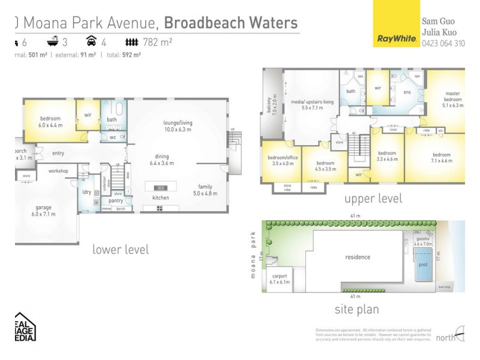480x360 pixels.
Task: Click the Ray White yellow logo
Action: pyautogui.click(x=397, y=24)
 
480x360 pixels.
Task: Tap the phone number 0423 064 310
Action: pyautogui.click(x=443, y=43)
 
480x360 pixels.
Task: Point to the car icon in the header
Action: pyautogui.click(x=91, y=41)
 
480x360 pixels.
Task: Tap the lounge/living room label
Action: pyautogui.click(x=177, y=126)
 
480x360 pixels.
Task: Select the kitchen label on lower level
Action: pyautogui.click(x=160, y=197)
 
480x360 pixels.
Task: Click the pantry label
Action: pyautogui.click(x=116, y=200)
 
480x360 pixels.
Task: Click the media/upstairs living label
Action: pyautogui.click(x=311, y=105)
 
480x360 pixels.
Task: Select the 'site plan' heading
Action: pyautogui.click(x=356, y=310)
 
